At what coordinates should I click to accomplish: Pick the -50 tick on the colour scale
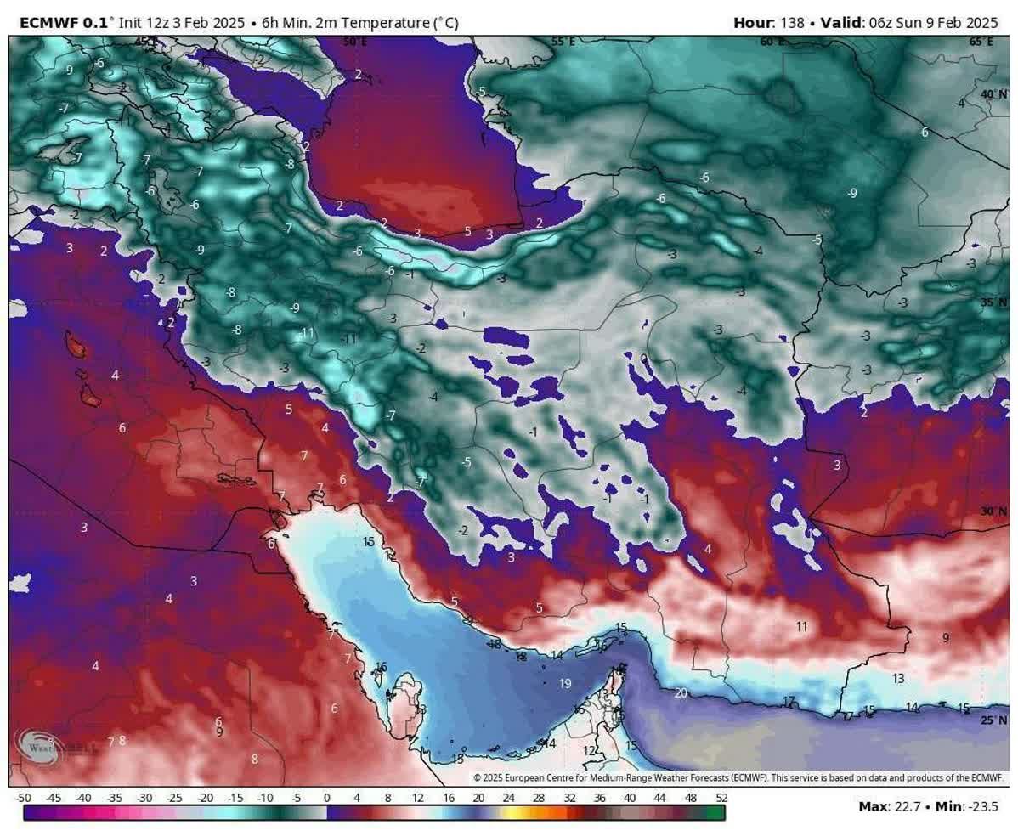pos(24,798)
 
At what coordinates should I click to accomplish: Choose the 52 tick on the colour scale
pos(721,798)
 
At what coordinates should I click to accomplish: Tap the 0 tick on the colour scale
pos(326,798)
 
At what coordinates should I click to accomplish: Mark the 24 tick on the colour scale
pos(508,798)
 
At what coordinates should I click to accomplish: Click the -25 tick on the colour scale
pos(174,798)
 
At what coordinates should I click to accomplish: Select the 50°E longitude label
pos(355,41)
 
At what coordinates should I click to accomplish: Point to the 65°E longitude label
pos(982,41)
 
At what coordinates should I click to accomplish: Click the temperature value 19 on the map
pos(565,683)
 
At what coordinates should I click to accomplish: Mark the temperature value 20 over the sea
pos(680,692)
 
